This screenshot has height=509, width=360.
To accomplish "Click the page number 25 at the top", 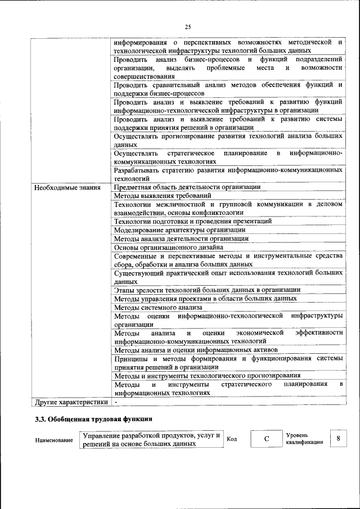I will coord(188,26).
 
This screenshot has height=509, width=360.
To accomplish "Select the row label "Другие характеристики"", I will coord(70,402).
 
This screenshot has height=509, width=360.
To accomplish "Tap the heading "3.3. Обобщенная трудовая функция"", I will coord(93,420).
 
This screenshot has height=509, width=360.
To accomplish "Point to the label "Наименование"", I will coord(53,440).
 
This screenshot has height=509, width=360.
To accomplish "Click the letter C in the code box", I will coord(265,438).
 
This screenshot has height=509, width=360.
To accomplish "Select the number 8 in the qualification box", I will coord(337,438).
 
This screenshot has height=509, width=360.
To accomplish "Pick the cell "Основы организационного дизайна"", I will coord(169,247).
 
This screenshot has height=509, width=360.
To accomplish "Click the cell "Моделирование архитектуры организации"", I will coord(179,229).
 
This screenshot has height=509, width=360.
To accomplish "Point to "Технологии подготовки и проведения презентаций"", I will coord(192,221).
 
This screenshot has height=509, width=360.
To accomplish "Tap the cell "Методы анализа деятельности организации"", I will coord(181,238).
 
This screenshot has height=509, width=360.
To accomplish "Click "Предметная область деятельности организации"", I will coord(187,187).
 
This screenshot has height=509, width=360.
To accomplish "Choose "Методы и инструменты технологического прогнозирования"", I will coord(206,375).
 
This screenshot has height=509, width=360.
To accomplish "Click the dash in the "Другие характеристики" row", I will coord(116,402).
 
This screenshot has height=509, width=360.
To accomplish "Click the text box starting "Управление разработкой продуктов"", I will coord(151,439).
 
